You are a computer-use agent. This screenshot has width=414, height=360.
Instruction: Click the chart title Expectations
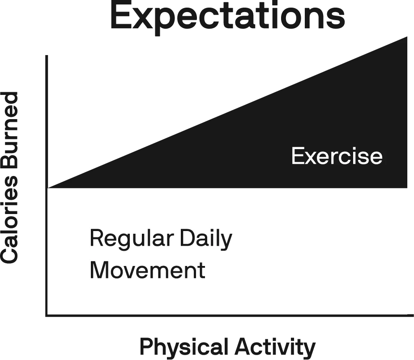pos(228,16)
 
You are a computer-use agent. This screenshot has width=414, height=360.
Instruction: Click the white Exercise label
pos(337,156)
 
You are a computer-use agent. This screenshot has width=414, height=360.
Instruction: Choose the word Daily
pos(206,239)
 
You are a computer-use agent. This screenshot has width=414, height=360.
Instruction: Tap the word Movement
pos(147,270)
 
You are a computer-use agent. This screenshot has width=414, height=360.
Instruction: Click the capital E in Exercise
pos(297,156)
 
